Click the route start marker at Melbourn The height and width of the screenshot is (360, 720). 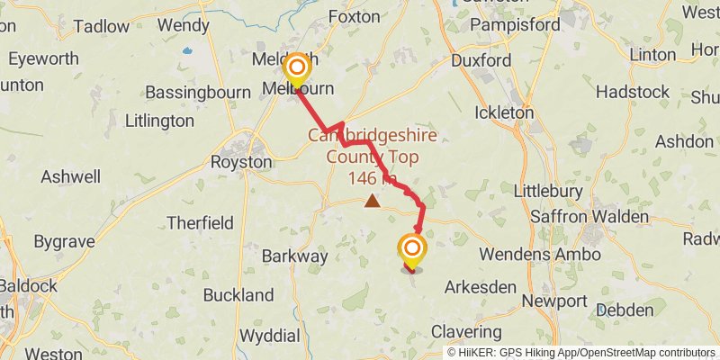(x=296, y=68)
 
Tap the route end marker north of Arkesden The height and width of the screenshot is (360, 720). (x=412, y=249)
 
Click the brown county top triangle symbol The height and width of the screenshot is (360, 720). (x=372, y=202)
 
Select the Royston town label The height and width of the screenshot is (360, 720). (x=240, y=162)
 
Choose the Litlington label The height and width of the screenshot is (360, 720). (x=159, y=120)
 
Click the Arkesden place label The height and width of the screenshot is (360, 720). (x=481, y=287)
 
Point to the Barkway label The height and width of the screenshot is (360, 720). (x=294, y=256)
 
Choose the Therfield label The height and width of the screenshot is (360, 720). (x=201, y=222)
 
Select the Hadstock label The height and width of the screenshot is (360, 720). (x=633, y=92)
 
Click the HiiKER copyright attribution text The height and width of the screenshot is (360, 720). (x=581, y=352)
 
